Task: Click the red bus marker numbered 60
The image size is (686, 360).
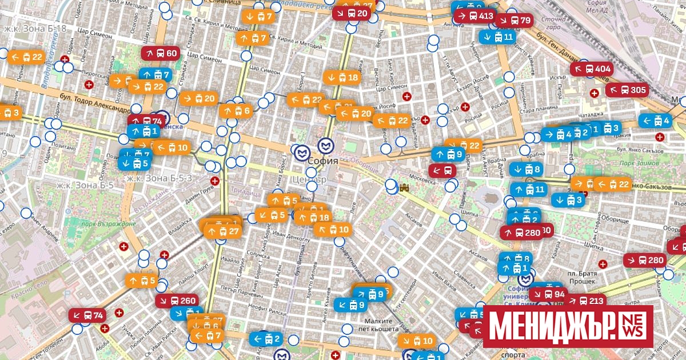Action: [x=160, y=54]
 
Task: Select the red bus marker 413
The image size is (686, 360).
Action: [x=474, y=15]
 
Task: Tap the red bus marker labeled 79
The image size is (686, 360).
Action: [x=514, y=21]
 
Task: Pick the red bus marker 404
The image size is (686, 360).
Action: [x=592, y=69]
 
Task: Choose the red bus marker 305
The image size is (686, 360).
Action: [x=627, y=90]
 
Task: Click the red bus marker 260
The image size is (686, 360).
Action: [x=178, y=301]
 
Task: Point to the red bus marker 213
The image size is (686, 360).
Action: [x=585, y=301]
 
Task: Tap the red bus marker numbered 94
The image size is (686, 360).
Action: [x=548, y=294]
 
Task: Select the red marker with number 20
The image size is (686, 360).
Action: [x=352, y=13]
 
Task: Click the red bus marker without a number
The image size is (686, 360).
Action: [x=443, y=170]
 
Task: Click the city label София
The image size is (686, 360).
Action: [x=323, y=161]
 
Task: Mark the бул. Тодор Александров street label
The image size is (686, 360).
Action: [x=94, y=106]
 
